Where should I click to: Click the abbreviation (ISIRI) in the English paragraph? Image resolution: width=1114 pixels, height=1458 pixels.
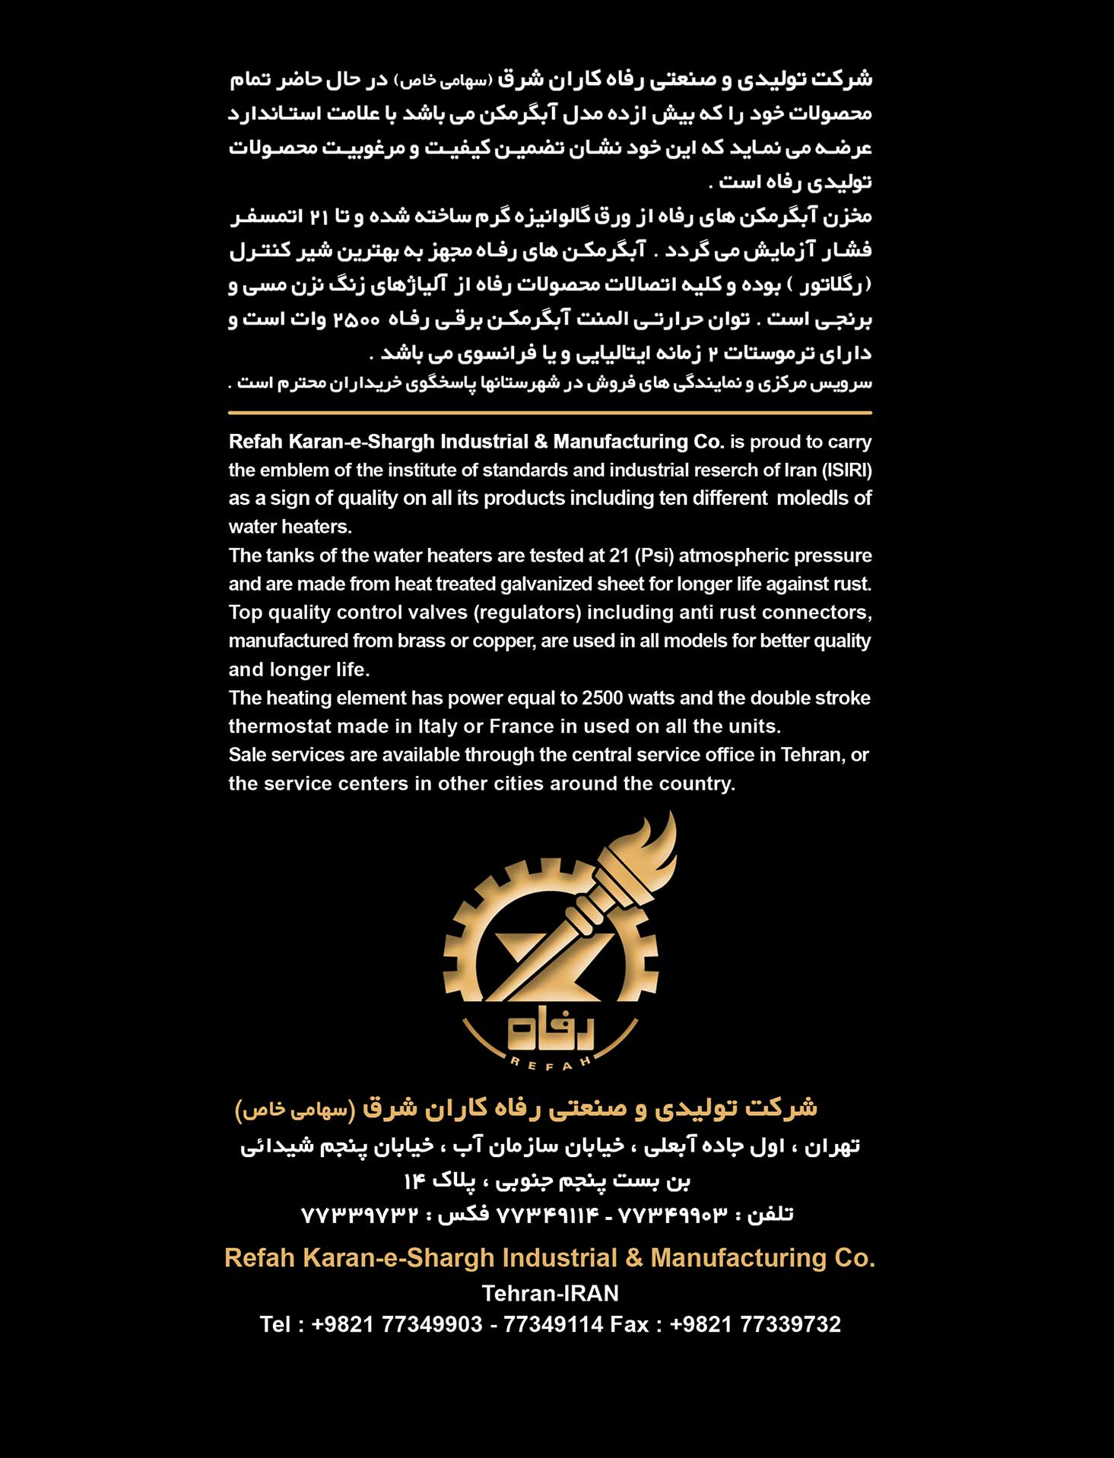(x=846, y=471)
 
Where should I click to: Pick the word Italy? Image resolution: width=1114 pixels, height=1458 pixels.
(x=438, y=727)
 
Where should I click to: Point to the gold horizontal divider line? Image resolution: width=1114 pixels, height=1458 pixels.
(x=550, y=413)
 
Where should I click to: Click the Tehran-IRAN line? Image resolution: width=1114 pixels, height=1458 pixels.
(x=550, y=1293)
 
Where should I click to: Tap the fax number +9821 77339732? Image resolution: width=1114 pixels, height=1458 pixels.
(x=755, y=1324)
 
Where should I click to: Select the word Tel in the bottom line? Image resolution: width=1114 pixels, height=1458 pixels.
(x=275, y=1324)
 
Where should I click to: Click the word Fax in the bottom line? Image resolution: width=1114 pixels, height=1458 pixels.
(x=630, y=1324)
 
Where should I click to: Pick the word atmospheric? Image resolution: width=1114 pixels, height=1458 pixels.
(x=722, y=556)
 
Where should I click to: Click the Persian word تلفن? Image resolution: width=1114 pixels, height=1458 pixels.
(x=771, y=1215)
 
